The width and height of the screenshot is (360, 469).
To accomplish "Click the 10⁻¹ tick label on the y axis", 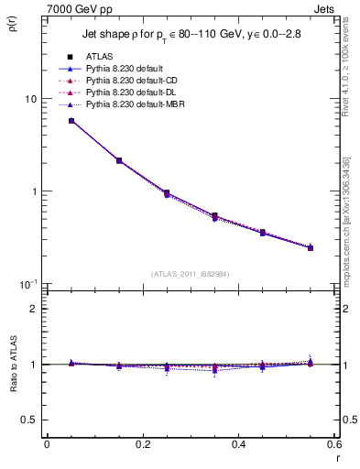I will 28,284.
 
